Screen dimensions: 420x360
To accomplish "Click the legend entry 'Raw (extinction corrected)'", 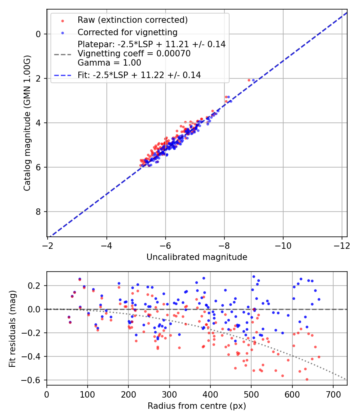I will pos(132,20).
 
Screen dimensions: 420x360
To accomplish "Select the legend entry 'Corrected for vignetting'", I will pos(127,32).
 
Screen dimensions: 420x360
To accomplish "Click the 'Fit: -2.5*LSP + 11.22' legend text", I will pos(139,75).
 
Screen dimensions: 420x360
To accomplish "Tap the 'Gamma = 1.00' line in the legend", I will pos(109,62).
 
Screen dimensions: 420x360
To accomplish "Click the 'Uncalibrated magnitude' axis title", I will pos(197,257).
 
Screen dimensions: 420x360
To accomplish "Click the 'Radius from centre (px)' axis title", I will pos(197,406).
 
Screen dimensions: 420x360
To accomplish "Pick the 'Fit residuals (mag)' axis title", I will pos(12,328).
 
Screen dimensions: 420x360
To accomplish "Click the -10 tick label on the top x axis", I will pos(283,245).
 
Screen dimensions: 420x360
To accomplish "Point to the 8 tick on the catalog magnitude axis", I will pos(38,212).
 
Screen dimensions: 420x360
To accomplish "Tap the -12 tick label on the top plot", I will pos(342,245).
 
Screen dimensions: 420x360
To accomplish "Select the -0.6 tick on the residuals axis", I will pos(34,380).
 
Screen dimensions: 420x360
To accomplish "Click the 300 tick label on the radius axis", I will pos(170,394).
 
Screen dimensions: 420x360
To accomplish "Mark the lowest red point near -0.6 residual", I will pos(307,379).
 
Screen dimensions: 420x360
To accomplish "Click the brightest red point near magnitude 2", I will pos(249,80).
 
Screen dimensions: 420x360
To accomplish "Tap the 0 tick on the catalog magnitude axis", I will pos(38,34).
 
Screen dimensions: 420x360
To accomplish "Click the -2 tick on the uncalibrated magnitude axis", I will pos(48,245).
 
